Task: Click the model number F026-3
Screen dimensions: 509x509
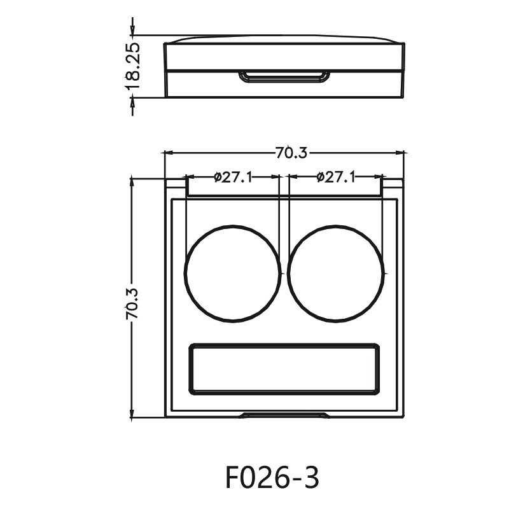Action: (272, 477)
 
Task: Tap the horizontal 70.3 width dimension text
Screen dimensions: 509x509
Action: (291, 153)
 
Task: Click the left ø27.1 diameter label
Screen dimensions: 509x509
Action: (234, 178)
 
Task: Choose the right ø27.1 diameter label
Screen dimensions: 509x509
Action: (335, 178)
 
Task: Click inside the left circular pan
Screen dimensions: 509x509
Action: (233, 272)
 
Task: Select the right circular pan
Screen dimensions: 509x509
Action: (336, 272)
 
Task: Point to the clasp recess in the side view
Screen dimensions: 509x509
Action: (284, 77)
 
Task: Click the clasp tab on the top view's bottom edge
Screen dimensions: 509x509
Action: (284, 415)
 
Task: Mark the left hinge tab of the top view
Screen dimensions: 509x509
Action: (176, 185)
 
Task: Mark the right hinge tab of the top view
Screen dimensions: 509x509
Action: (393, 185)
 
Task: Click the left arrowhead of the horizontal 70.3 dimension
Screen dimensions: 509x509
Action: (169, 153)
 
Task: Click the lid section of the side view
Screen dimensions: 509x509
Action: (284, 55)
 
